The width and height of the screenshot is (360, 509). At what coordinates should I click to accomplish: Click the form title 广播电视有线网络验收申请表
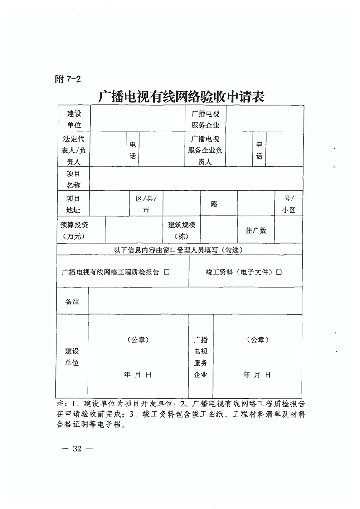pyautogui.click(x=181, y=97)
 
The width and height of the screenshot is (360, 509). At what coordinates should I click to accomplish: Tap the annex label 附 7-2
pyautogui.click(x=67, y=79)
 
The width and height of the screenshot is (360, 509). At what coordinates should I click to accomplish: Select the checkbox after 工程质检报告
pyautogui.click(x=166, y=272)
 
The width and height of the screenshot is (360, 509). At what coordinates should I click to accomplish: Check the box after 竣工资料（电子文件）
pyautogui.click(x=278, y=272)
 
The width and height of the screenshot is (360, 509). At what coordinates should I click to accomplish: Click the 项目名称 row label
pyautogui.click(x=73, y=179)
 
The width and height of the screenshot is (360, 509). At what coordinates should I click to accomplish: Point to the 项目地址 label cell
pyautogui.click(x=73, y=204)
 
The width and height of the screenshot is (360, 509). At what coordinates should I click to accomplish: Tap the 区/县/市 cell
pyautogui.click(x=146, y=204)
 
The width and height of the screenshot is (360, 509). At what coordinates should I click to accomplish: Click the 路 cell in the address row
pyautogui.click(x=214, y=204)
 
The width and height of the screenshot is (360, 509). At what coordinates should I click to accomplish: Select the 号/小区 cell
pyautogui.click(x=288, y=204)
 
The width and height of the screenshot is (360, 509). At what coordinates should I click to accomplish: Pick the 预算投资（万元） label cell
pyautogui.click(x=74, y=230)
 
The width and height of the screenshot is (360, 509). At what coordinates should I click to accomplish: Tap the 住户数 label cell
pyautogui.click(x=256, y=230)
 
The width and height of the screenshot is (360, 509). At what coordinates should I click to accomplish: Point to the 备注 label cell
pyautogui.click(x=73, y=301)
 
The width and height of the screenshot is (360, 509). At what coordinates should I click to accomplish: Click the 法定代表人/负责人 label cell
pyautogui.click(x=74, y=150)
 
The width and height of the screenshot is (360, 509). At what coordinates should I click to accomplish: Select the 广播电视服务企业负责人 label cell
pyautogui.click(x=205, y=150)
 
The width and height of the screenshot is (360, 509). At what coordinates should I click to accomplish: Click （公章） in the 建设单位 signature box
pyautogui.click(x=138, y=339)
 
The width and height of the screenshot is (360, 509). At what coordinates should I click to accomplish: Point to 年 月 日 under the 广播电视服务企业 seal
pyautogui.click(x=257, y=375)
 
